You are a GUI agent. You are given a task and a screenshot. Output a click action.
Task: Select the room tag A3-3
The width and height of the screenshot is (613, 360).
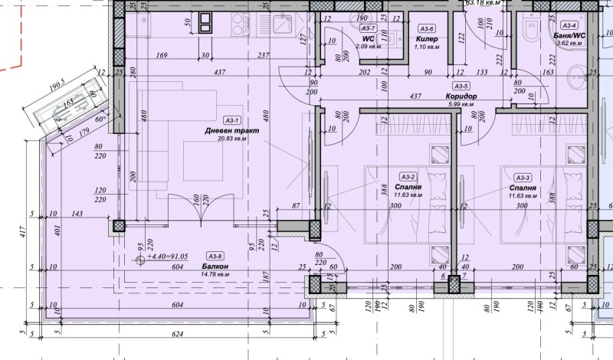coord(523,177)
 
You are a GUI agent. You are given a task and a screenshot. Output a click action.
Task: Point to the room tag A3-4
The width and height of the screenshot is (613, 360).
coord(569,25)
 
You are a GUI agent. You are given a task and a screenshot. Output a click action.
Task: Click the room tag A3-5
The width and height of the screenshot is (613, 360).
coord(461,87)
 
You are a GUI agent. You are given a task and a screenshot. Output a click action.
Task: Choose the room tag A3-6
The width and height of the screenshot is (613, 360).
coord(426,27)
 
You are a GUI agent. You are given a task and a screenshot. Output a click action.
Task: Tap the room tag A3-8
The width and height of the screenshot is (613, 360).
coord(215,257)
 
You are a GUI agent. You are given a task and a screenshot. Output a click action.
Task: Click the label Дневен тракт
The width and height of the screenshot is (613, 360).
coord(231,130)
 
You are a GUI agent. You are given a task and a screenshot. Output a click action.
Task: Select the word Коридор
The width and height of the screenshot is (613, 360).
coord(461,97)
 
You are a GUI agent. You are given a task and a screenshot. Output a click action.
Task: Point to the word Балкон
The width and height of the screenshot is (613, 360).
coord(218,266)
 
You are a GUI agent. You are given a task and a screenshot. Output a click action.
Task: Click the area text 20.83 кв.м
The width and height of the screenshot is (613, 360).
coord(231,139)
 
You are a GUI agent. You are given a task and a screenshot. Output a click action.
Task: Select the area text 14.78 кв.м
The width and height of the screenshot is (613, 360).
coord(218,274)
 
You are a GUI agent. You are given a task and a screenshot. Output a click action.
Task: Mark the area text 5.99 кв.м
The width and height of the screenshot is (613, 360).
coord(461,105)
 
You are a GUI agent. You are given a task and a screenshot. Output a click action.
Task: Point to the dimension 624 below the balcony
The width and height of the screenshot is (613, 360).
coord(178,334)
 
